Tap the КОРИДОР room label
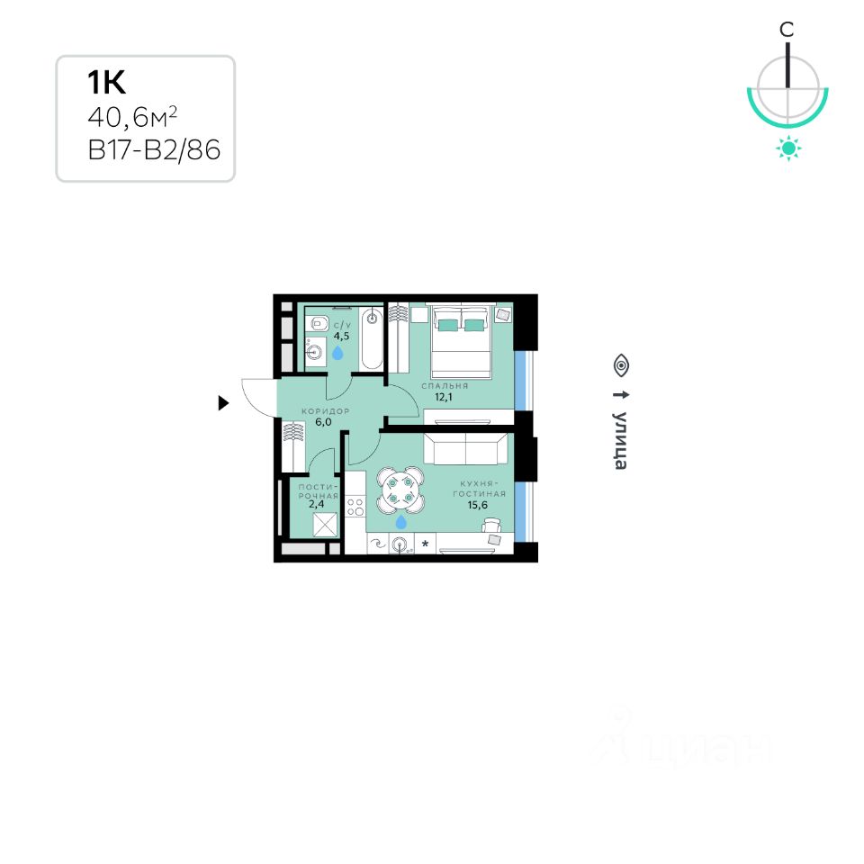pos(325,410)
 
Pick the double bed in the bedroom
pos(461,342)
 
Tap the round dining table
pos(400,489)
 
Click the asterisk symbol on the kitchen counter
pos(425,544)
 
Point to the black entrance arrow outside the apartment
pos(224,403)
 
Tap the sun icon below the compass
pos(788,148)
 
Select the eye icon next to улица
pos(621,365)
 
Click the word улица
pos(621,440)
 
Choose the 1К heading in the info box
pos(105,83)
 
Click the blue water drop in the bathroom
pos(337,354)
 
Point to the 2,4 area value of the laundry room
pos(318,504)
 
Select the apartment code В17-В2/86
pos(154,150)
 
